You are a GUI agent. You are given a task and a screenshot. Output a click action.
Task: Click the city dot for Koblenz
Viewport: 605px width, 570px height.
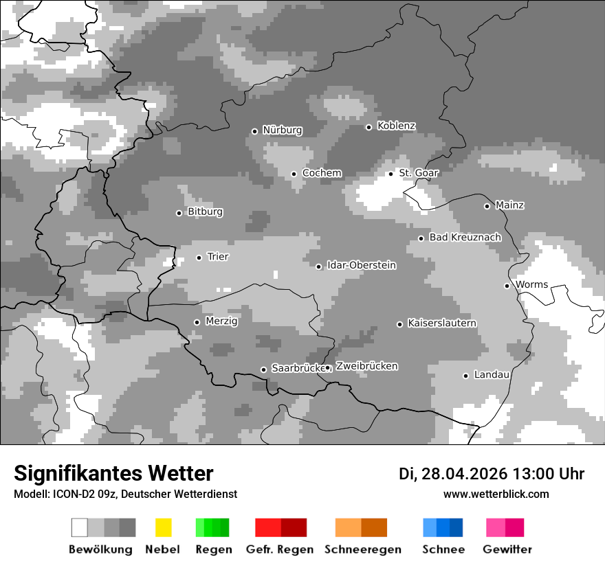[369, 127]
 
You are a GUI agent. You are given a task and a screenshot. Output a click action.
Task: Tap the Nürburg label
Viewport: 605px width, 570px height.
[282, 130]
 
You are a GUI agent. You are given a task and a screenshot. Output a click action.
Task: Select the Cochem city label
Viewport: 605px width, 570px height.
[322, 173]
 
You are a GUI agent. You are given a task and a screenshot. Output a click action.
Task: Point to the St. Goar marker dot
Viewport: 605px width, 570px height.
[391, 174]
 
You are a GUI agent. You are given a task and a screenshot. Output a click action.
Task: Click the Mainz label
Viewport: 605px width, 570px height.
[509, 205]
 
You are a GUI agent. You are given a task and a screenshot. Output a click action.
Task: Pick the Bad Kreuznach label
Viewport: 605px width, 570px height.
[465, 238]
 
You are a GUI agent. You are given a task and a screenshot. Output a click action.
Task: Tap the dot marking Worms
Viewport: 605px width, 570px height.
[507, 286]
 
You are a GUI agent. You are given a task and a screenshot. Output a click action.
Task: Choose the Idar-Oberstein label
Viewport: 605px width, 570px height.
[361, 266]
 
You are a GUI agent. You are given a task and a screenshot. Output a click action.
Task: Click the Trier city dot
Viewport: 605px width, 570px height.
[199, 258]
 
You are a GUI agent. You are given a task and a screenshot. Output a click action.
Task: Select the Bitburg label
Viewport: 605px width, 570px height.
[205, 212]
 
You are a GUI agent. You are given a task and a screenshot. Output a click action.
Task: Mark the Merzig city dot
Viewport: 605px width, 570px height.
[197, 322]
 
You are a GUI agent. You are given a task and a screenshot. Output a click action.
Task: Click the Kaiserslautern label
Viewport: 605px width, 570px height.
[441, 323]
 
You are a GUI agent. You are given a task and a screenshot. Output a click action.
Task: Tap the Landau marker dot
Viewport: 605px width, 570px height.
[466, 376]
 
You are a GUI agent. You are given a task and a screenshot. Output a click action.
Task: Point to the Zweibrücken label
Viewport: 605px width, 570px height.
[366, 367]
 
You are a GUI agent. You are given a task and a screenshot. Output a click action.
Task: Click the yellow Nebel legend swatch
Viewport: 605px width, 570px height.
[163, 527]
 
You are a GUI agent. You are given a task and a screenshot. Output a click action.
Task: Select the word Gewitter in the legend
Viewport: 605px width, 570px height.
[507, 549]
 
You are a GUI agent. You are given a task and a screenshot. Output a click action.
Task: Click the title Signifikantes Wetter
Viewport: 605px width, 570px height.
[113, 474]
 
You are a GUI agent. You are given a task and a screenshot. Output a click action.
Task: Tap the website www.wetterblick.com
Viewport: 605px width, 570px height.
[496, 494]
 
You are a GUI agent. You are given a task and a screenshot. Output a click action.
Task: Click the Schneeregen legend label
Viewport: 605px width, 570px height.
[362, 549]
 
